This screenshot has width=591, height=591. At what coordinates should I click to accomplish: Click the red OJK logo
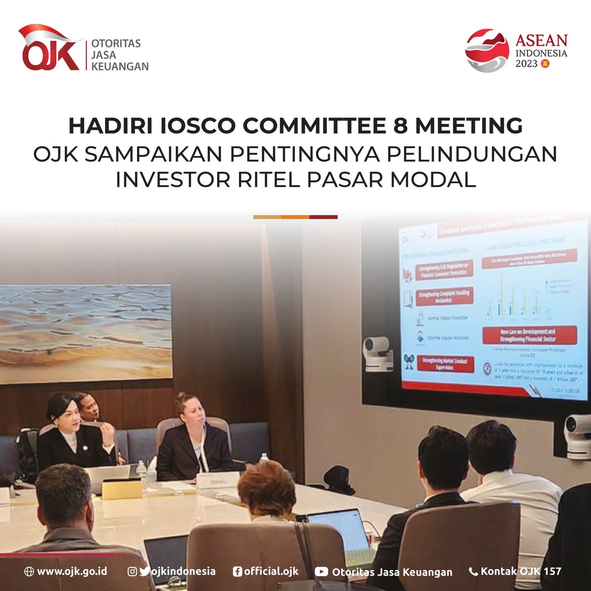[49, 49]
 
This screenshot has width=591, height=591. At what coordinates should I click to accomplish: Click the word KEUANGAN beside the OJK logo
[120, 66]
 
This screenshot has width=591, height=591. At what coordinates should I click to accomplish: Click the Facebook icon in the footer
[237, 571]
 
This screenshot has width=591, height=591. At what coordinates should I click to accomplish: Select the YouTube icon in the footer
[321, 572]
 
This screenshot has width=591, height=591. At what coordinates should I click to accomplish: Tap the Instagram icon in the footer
[132, 571]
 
